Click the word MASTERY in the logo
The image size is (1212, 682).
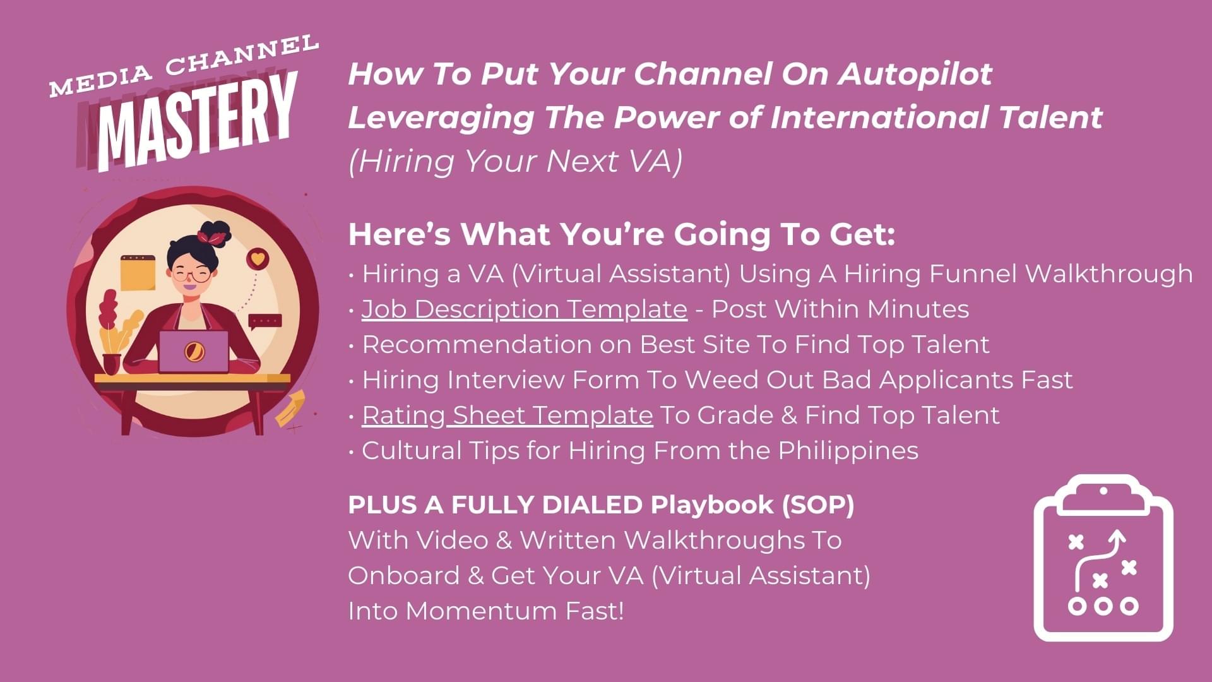(198, 124)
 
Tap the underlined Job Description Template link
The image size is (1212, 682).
(525, 309)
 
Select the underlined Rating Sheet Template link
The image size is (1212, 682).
(508, 416)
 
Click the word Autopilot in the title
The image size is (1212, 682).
(915, 75)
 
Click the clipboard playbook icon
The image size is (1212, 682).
(1103, 558)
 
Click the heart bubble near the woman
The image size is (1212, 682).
(257, 258)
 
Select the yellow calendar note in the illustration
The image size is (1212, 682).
(138, 273)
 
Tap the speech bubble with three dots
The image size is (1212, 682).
(265, 322)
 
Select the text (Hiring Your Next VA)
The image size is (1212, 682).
(515, 161)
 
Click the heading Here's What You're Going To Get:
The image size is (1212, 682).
(622, 234)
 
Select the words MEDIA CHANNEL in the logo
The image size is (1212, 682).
(184, 66)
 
